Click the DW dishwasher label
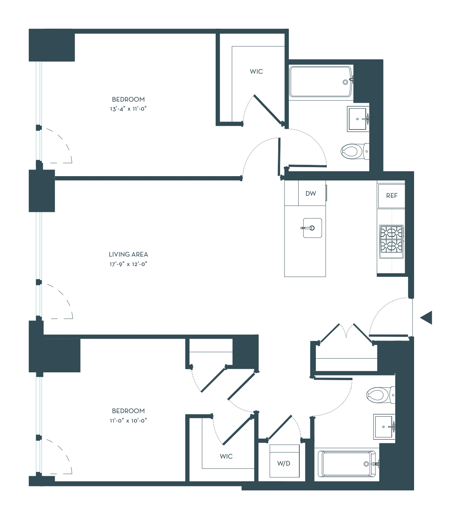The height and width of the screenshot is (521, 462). (310, 193)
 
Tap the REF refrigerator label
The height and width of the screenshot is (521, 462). (392, 196)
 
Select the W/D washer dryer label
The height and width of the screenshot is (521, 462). (284, 464)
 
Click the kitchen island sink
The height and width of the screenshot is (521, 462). (312, 228)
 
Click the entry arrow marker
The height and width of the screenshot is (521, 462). (427, 318)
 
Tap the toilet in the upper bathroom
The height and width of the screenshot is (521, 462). (355, 151)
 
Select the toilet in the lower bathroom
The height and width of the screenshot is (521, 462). (380, 395)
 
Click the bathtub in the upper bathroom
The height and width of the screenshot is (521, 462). (321, 82)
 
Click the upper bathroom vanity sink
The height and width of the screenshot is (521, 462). (358, 119)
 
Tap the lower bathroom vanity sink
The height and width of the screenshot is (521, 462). (384, 427)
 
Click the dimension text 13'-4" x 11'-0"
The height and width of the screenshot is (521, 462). (128, 109)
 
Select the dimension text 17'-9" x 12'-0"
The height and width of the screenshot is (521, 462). (128, 264)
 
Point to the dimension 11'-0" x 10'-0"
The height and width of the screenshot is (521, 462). (128, 421)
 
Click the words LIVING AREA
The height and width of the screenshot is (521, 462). (128, 255)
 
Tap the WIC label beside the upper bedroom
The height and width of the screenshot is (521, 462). (256, 71)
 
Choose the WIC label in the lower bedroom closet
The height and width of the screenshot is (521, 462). (226, 456)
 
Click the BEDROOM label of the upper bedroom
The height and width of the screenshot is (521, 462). (128, 99)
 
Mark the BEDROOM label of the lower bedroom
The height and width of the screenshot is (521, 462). (128, 411)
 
